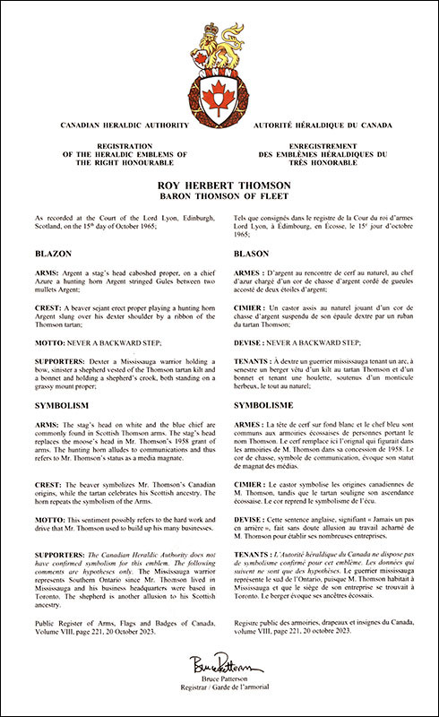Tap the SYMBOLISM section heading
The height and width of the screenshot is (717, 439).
pyautogui.click(x=60, y=405)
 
